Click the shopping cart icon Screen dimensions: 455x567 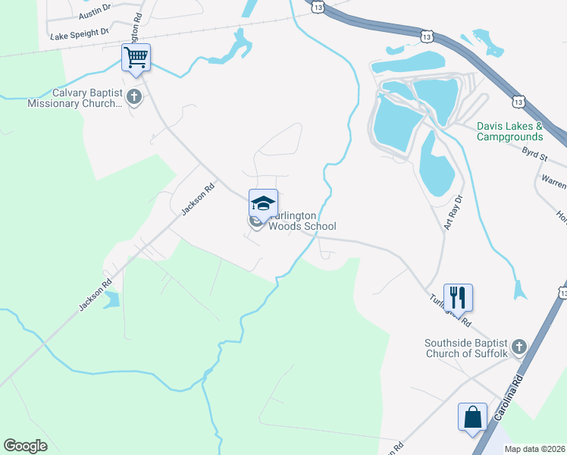pos(136,57)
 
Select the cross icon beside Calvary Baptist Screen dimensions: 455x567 pos(134,96)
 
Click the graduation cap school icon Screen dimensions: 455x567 pos(263,203)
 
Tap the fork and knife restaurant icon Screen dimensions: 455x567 pos(458,297)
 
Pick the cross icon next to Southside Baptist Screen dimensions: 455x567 pos(518,347)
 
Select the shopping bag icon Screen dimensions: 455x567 pos(472,417)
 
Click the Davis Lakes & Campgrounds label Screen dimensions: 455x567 pos(509,131)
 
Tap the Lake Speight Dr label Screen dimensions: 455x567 pos(80,34)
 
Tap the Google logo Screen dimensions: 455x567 pos(25,445)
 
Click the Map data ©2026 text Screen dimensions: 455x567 pos(534,448)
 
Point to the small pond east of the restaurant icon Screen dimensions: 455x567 pos(519,290)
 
